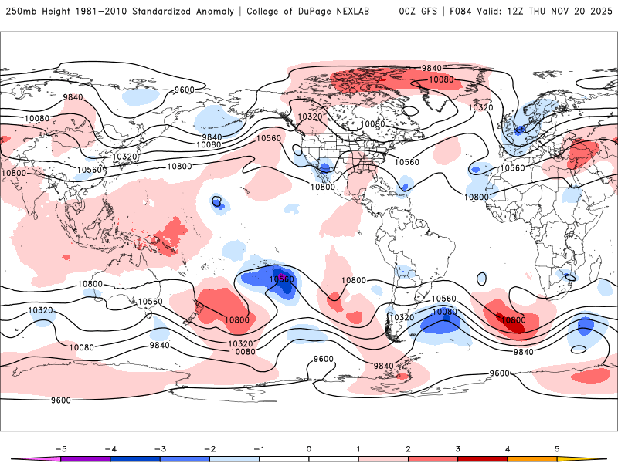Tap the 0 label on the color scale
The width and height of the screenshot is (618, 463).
pyautogui.click(x=308, y=448)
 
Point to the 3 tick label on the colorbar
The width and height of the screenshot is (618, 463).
pyautogui.click(x=457, y=448)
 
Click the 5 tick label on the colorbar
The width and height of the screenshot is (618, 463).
pyautogui.click(x=557, y=448)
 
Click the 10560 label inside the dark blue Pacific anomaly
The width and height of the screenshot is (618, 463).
pyautogui.click(x=281, y=279)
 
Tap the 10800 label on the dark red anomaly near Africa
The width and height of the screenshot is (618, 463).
pyautogui.click(x=511, y=319)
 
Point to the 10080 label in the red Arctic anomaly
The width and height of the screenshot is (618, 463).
pyautogui.click(x=440, y=79)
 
